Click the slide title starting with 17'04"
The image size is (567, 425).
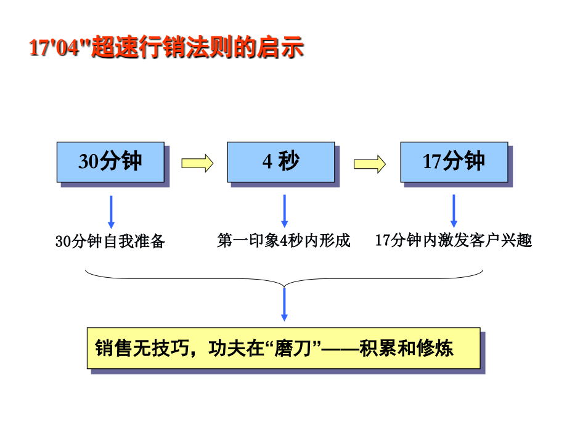[x=166, y=48]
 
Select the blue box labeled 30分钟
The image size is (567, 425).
[x=110, y=161]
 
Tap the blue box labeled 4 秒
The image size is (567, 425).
[x=280, y=161]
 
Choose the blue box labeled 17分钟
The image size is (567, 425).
[x=454, y=161]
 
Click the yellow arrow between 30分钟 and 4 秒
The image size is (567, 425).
[x=197, y=163]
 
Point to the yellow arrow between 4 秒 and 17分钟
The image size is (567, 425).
[x=370, y=163]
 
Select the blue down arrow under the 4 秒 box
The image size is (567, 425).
[x=284, y=211]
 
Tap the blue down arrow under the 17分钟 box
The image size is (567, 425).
[x=454, y=211]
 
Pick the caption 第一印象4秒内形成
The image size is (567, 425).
[x=283, y=240]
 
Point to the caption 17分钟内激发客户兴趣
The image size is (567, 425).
[x=453, y=240]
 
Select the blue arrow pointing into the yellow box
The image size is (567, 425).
[x=284, y=304]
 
